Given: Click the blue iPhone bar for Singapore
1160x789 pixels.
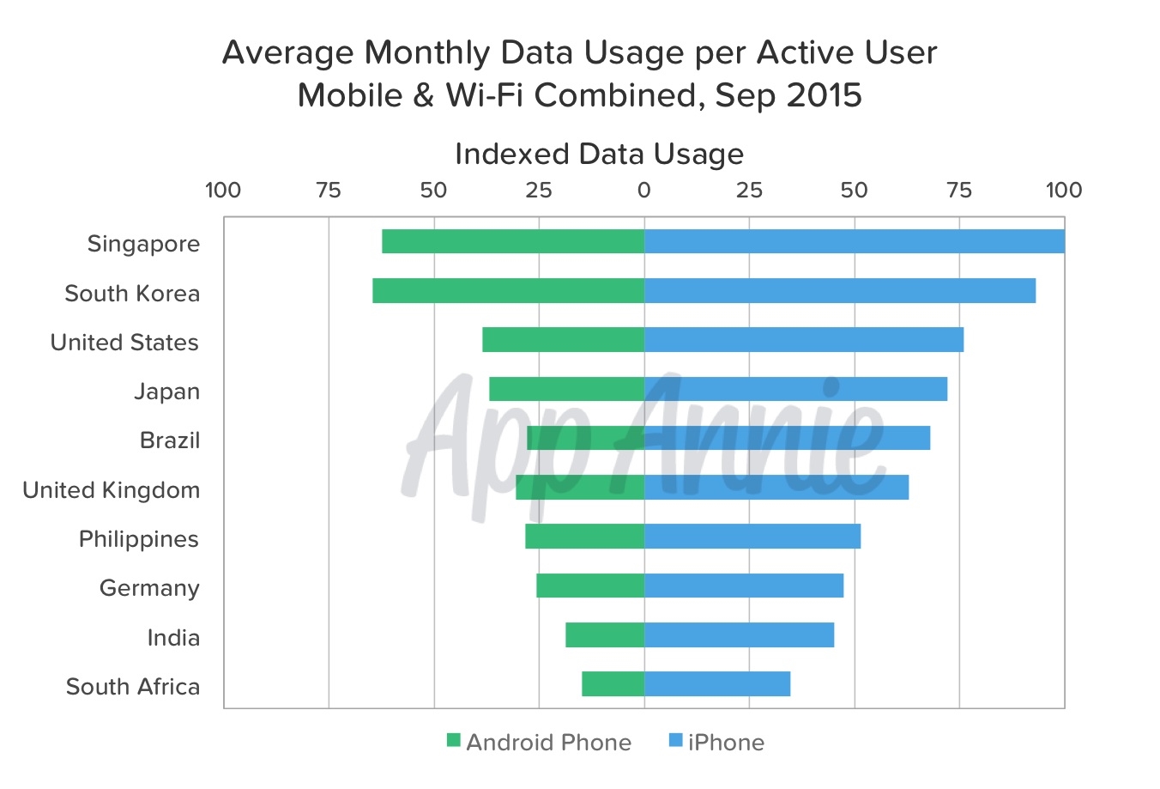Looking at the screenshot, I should (854, 242).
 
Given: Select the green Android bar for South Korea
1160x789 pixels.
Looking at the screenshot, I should (508, 291).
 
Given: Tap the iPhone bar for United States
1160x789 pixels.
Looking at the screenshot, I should (803, 340).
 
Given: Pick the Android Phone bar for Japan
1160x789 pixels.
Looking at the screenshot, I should (566, 389).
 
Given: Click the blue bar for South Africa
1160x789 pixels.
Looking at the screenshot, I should (716, 684).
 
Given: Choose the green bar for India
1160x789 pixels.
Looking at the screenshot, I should (605, 635).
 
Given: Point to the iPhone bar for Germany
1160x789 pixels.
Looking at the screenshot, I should (743, 586).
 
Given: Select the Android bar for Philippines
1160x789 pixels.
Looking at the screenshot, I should (584, 537).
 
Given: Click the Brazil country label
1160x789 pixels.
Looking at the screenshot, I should (170, 440).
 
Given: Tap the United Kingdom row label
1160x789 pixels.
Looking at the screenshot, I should (112, 490).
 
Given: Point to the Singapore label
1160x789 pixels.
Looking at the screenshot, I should (143, 244).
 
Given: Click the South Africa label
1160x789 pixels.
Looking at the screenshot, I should (133, 687).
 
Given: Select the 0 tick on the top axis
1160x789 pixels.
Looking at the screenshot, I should (643, 191).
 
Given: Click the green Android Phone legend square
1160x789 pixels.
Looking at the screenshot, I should (454, 741).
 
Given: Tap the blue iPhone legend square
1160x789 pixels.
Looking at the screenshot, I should (675, 741).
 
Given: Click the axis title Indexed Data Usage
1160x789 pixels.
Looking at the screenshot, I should (599, 155).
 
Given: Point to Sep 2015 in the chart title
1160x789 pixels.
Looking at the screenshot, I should (788, 95).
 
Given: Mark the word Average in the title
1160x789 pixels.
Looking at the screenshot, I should (288, 53).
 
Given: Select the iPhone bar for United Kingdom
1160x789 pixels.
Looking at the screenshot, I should (776, 488).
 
